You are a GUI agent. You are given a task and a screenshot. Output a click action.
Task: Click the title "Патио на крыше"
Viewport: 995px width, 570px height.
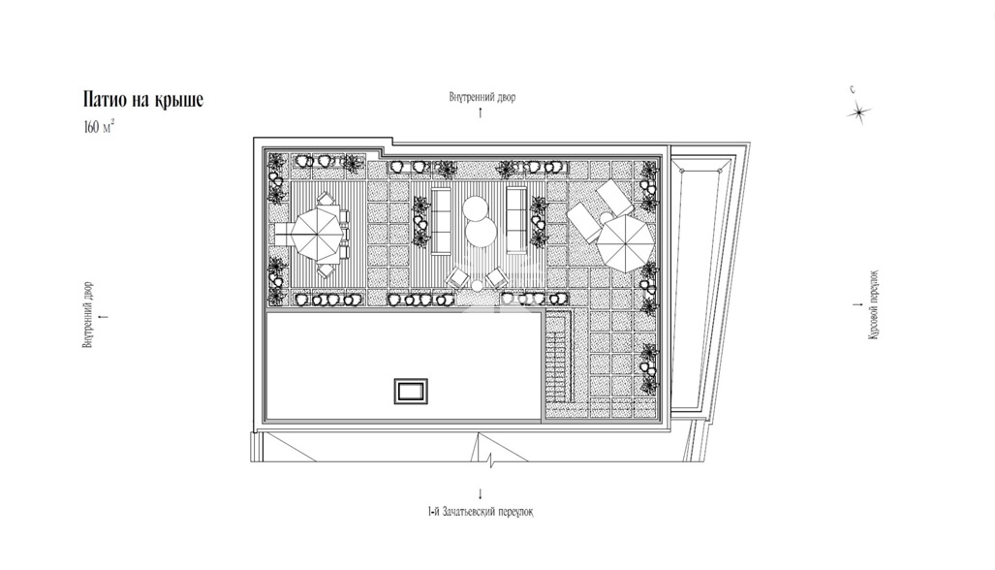coord(142,100)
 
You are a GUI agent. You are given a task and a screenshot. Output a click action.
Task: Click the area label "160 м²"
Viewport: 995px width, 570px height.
coord(99,127)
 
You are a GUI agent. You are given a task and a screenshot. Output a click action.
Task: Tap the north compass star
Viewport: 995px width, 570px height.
coord(858,113)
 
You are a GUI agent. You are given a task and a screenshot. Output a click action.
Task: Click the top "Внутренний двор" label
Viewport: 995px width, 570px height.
coord(482,97)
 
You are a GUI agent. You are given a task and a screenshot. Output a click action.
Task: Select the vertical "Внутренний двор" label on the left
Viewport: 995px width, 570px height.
coord(88,315)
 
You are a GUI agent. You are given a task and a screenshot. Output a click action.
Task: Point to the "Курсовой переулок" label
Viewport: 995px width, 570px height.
coord(874,304)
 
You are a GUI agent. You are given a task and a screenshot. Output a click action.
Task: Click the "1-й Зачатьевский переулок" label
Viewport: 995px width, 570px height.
coord(481,512)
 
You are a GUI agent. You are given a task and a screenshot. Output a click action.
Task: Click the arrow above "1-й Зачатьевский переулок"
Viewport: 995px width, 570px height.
coord(481,493)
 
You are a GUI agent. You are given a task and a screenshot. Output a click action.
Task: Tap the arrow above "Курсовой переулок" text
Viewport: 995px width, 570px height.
coord(858,304)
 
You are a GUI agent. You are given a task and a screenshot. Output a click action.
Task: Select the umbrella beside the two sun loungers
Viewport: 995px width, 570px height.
coord(625,241)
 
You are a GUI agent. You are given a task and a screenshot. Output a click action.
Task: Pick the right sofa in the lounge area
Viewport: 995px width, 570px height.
coord(516,221)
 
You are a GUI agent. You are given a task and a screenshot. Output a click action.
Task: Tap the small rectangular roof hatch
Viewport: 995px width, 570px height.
coord(411,391)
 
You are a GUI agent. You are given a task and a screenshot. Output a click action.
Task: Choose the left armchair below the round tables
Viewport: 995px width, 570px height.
coord(456,277)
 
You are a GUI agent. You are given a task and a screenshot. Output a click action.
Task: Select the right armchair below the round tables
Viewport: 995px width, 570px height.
coord(496,277)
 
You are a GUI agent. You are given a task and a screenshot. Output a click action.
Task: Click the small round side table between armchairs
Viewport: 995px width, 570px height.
coord(477,287)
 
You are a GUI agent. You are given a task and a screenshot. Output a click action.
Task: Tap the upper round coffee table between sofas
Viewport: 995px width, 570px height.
coord(474,208)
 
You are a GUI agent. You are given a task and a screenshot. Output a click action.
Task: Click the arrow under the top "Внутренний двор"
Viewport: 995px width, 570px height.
coord(481,113)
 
